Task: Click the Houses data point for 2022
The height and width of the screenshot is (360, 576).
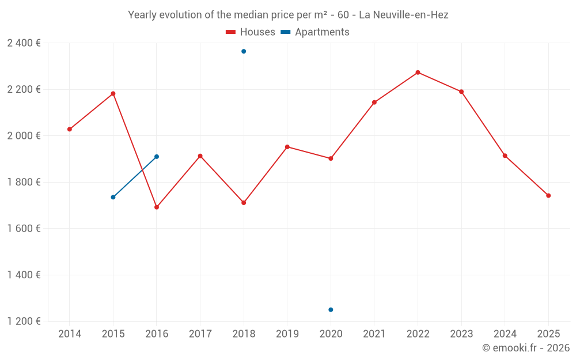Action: pos(418,73)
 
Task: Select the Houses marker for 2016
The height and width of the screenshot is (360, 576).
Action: pos(157,207)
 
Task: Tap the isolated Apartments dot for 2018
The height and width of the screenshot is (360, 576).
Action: pos(244,51)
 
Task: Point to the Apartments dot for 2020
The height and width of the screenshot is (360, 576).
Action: pos(331,310)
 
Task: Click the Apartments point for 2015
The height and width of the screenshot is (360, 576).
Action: pos(113,198)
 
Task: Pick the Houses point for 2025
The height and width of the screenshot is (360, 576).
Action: pos(548,196)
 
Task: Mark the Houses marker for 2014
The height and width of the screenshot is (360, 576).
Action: pos(70,130)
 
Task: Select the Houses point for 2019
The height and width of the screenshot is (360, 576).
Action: pos(287,147)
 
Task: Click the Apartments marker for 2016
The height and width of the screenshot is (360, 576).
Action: pos(157,157)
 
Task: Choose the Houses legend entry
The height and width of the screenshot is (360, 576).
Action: pos(251,32)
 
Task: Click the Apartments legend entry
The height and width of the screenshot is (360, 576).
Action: pos(315,32)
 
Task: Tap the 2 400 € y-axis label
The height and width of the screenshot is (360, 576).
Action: pos(24,43)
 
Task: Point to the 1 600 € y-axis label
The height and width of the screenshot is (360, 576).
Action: pos(24,229)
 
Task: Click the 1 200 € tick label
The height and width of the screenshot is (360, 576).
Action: pos(24,321)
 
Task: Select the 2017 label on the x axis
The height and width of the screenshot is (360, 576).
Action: pos(200,334)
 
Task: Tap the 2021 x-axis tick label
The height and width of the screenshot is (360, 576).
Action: pos(374,334)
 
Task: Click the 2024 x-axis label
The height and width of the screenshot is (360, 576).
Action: pos(505,334)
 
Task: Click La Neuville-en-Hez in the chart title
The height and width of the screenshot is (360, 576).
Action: pos(403,15)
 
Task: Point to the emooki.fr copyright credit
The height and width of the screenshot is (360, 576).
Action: pos(525,348)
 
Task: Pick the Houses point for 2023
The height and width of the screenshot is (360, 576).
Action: pos(461,92)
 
